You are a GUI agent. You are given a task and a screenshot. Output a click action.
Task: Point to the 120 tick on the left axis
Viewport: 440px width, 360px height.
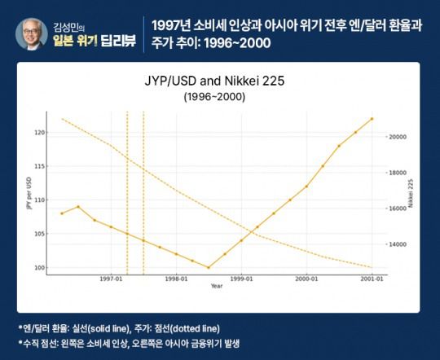click(x=42, y=132)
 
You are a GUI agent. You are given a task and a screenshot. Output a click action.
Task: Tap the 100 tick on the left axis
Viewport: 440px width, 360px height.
click(x=42, y=267)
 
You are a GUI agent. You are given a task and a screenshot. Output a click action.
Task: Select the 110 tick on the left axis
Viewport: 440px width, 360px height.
click(x=42, y=200)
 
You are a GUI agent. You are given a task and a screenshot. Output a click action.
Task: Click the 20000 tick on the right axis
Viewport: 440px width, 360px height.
click(x=395, y=137)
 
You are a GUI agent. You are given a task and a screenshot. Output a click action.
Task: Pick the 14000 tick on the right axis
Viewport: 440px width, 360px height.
click(x=395, y=244)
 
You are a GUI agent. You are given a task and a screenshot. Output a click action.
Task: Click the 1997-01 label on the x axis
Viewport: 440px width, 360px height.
click(x=111, y=279)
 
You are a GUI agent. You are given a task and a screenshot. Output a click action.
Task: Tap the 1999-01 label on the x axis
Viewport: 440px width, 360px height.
click(x=241, y=279)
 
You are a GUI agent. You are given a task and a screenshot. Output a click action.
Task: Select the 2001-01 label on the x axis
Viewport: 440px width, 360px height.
click(x=372, y=279)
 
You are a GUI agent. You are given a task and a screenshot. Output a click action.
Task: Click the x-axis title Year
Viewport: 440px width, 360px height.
click(x=216, y=286)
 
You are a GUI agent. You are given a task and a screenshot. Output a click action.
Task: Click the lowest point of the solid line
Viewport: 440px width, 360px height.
click(x=209, y=267)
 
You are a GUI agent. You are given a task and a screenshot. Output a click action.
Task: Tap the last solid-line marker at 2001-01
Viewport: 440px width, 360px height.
click(x=372, y=119)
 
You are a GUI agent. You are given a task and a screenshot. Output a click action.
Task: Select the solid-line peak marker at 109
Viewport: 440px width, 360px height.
click(x=78, y=207)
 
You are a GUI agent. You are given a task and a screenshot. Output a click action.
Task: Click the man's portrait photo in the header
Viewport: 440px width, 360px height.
click(x=31, y=33)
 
